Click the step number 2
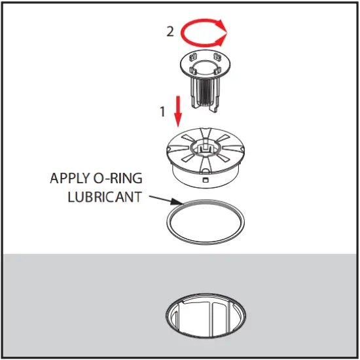coord(170,31)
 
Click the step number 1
coord(162,111)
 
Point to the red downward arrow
coord(177,111)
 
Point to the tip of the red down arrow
coord(177,125)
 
